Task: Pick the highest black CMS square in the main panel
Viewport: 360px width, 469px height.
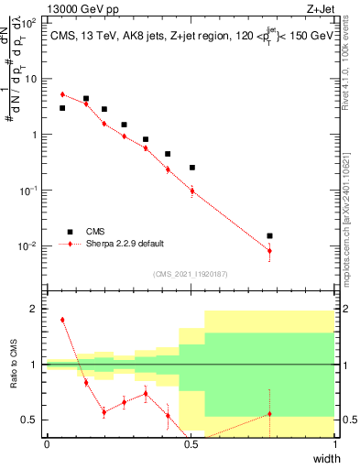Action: [x=86, y=98]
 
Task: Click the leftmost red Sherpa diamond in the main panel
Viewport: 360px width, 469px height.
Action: [x=62, y=94]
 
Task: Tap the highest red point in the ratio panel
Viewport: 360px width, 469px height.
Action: [x=62, y=320]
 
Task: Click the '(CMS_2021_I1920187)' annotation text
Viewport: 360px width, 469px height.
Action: [x=191, y=273]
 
